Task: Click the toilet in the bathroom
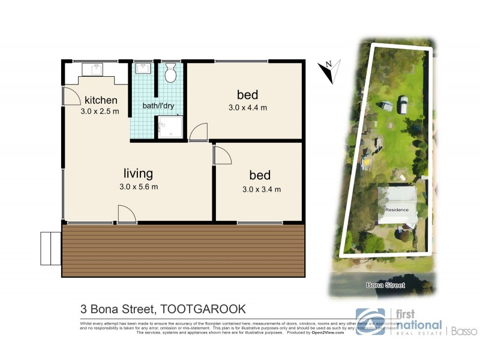[x=170, y=74]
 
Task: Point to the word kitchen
[x=101, y=100]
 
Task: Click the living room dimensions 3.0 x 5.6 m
[x=137, y=187]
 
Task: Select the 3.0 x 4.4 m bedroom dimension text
[x=247, y=108]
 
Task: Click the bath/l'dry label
[x=158, y=106]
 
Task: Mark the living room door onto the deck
[x=127, y=214]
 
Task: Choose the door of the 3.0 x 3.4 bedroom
[x=222, y=155]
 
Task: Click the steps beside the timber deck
[x=50, y=248]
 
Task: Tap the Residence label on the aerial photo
[x=397, y=209]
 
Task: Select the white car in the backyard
[x=403, y=106]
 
